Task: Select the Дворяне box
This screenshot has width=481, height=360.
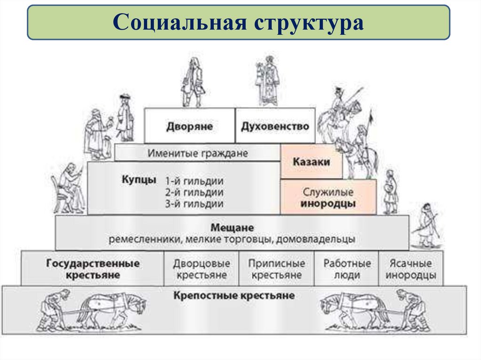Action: [x=189, y=126]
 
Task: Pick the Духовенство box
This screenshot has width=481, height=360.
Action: [x=275, y=126]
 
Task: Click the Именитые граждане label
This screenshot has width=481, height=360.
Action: [x=197, y=153]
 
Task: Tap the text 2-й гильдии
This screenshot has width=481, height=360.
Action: [x=194, y=192]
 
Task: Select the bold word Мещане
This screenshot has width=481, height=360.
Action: [x=232, y=228]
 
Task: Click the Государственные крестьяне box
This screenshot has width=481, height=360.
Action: [x=93, y=269]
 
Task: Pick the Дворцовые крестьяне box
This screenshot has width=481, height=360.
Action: [x=201, y=269]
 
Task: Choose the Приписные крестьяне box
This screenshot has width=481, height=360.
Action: [x=276, y=269]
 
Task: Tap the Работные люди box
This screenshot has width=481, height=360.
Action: [x=347, y=269]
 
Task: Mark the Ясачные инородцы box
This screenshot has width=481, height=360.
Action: [x=411, y=269]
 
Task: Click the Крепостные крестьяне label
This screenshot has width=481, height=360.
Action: [x=234, y=296]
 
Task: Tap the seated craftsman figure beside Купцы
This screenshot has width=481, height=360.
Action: [x=69, y=188]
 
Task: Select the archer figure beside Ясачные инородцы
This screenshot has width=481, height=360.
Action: [x=427, y=225]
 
